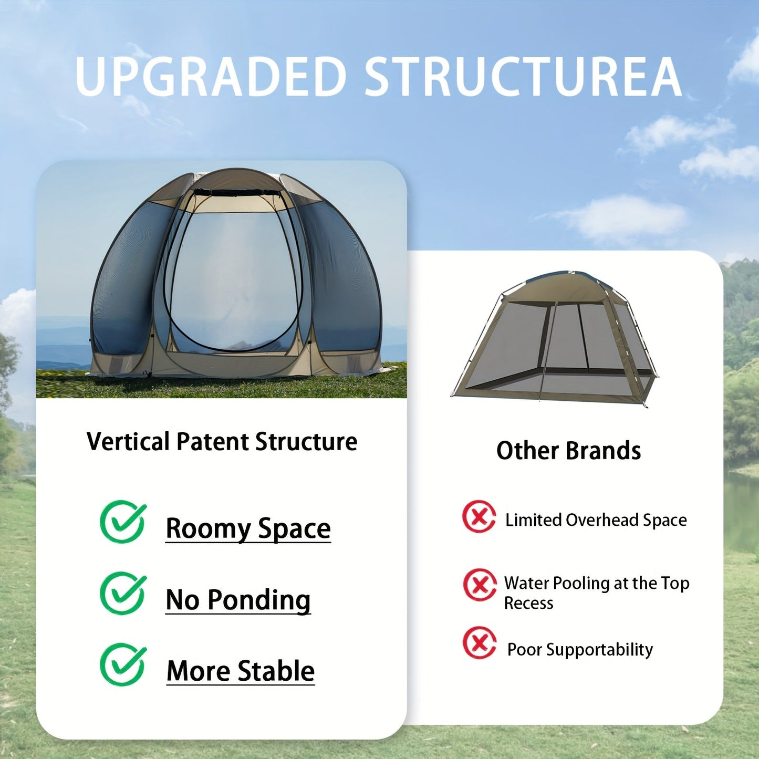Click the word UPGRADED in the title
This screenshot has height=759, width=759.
coord(211,77)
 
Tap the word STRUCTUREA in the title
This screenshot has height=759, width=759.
coord(523,77)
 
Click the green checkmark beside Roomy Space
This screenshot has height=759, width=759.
coord(123,522)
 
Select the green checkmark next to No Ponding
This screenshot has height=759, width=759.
coord(123,593)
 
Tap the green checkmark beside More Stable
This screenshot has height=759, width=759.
coord(123,664)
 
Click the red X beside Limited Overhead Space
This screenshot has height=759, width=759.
coord(479,517)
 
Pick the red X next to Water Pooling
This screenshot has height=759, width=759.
coord(479,585)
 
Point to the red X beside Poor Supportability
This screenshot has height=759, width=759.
coord(479,642)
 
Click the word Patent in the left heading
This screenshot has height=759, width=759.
coord(212,442)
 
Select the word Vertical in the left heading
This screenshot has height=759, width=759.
coord(128,442)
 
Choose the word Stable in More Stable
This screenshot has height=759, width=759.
coord(276,671)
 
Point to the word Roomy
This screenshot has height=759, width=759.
coord(208,529)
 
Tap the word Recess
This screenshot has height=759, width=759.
coord(528,603)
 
